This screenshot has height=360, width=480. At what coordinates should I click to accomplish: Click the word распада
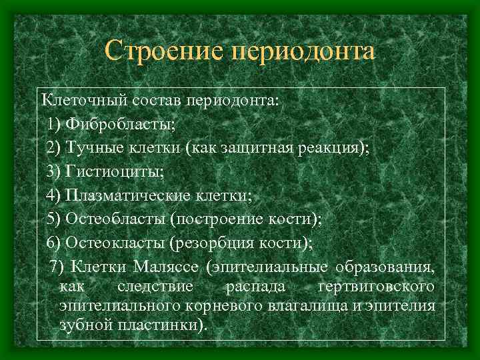[x=256, y=287]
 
